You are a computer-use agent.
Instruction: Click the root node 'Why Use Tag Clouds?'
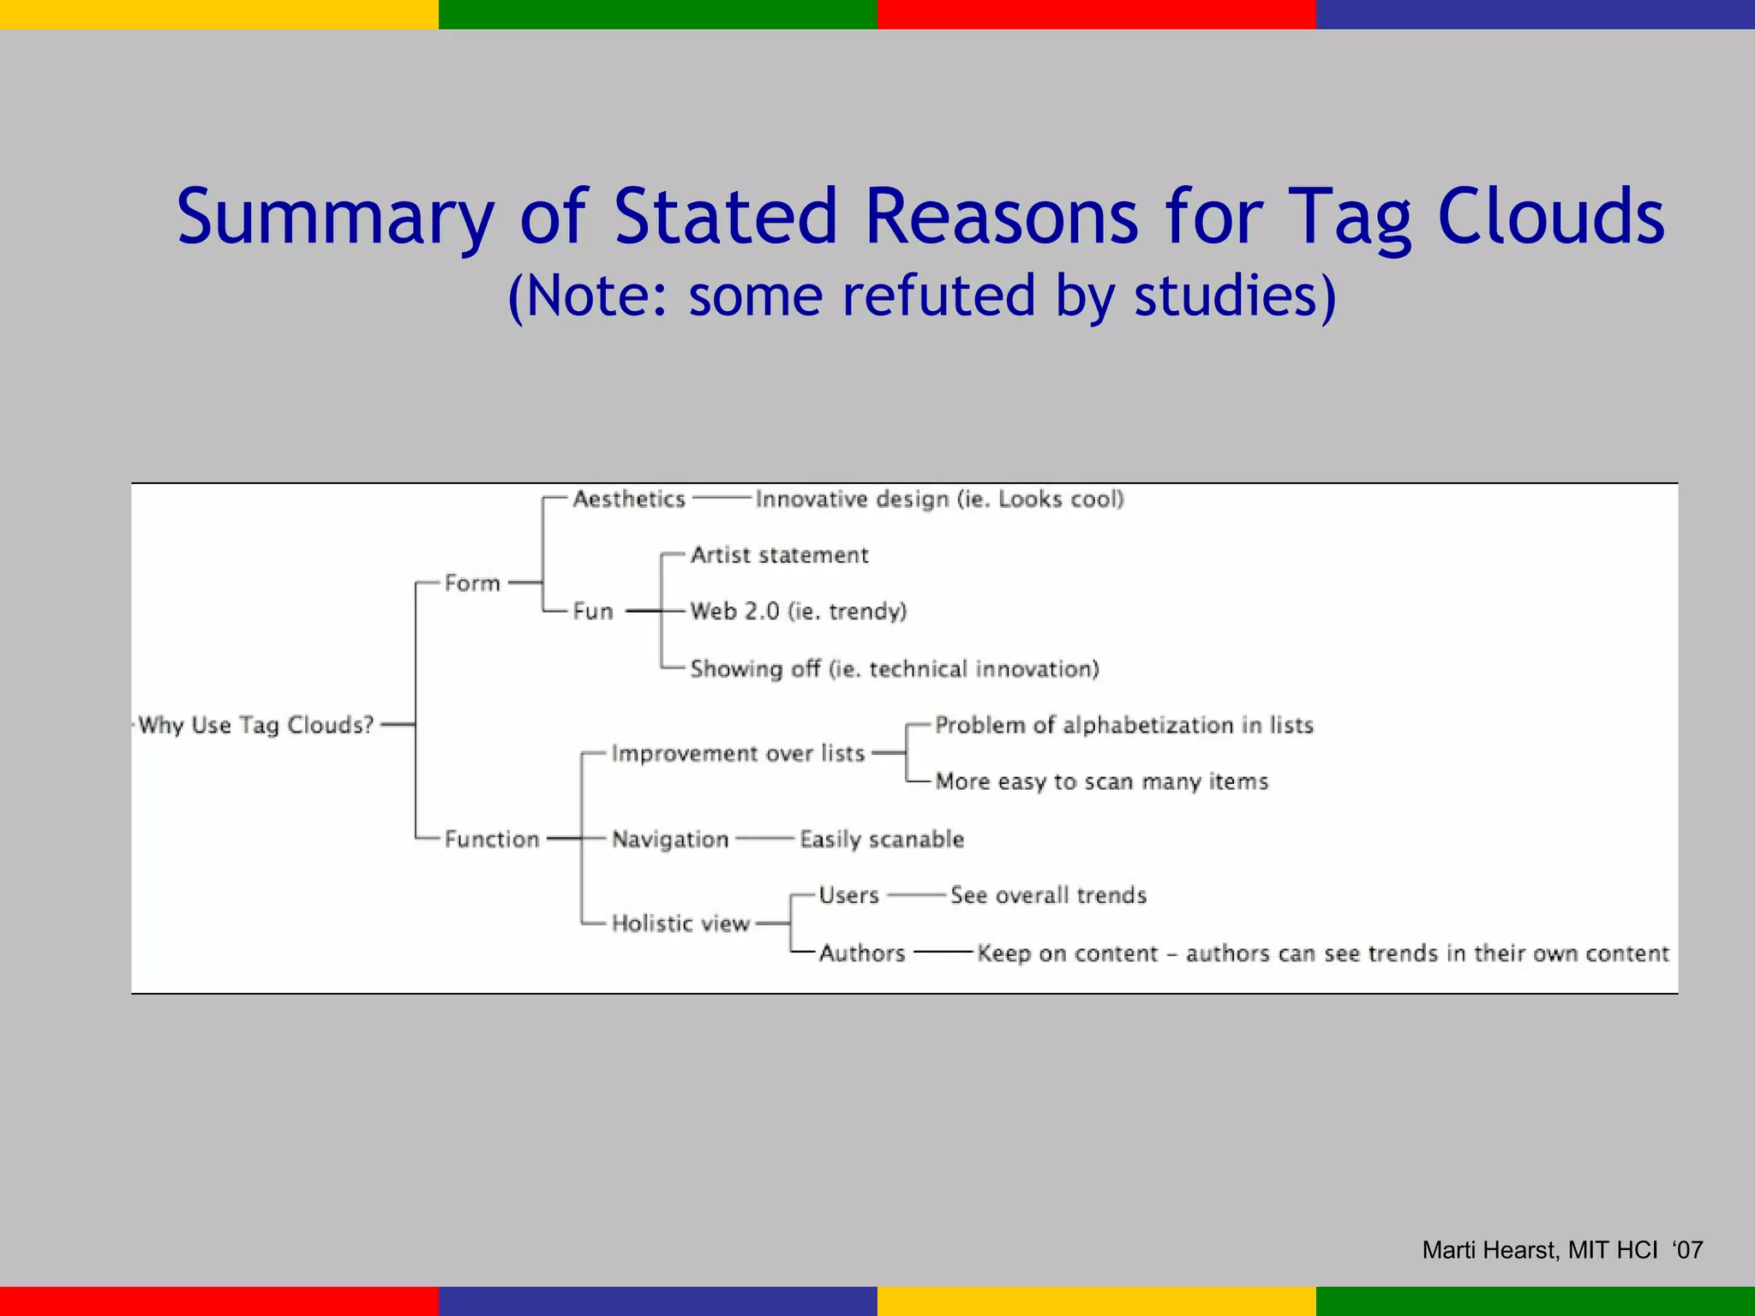(x=256, y=726)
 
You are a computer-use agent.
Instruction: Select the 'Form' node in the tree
(x=472, y=583)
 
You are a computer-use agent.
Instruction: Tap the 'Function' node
(x=492, y=839)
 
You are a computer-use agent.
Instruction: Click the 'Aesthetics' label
(x=629, y=499)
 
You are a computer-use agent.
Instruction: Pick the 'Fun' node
(x=593, y=612)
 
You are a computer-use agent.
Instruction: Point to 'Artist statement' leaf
(x=779, y=555)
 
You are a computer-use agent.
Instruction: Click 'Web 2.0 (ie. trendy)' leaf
(x=799, y=612)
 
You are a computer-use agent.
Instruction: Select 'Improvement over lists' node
(x=738, y=754)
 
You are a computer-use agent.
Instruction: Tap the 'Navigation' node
(x=670, y=840)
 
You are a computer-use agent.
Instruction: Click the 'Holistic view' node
(x=680, y=924)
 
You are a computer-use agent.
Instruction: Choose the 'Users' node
(x=848, y=895)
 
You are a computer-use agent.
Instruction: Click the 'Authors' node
(x=862, y=953)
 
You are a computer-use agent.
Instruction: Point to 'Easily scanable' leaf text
(x=882, y=840)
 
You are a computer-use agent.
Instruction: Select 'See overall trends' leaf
(x=1048, y=895)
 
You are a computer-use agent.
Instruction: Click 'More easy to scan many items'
(x=1102, y=782)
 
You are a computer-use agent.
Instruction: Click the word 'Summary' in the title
(x=335, y=217)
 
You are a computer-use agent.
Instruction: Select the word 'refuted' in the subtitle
(x=939, y=296)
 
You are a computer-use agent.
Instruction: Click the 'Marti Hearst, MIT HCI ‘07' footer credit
(x=1562, y=1250)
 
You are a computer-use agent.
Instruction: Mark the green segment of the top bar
(x=657, y=14)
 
